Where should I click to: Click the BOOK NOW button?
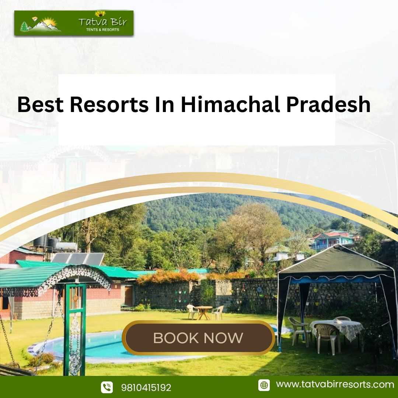(199, 338)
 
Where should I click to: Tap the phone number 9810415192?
(146, 388)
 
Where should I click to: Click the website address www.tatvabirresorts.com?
(335, 384)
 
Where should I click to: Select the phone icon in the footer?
(107, 387)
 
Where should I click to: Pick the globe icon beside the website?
(264, 385)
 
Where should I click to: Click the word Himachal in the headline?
(230, 104)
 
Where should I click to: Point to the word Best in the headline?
(41, 105)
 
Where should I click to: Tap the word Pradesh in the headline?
(328, 104)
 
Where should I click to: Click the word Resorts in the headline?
(109, 105)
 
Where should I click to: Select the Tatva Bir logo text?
(102, 22)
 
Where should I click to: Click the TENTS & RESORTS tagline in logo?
(102, 30)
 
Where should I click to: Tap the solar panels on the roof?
(78, 259)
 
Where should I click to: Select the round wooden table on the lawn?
(203, 312)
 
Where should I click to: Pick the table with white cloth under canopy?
(336, 329)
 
